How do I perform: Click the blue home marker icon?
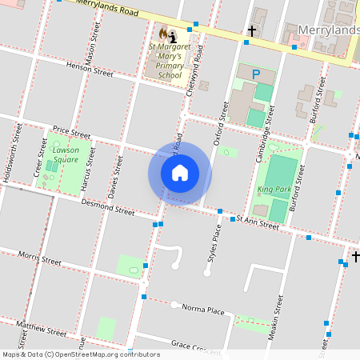pos(180,173)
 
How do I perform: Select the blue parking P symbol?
pos(256,74)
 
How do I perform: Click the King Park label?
pos(275,190)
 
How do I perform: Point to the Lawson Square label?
pos(66,154)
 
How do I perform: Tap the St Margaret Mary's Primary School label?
pos(170,61)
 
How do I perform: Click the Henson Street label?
pos(90,70)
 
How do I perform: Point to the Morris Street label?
pos(40,260)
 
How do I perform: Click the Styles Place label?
pos(214,243)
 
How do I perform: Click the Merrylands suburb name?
pos(328,30)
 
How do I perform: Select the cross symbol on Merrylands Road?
pos(252,31)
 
